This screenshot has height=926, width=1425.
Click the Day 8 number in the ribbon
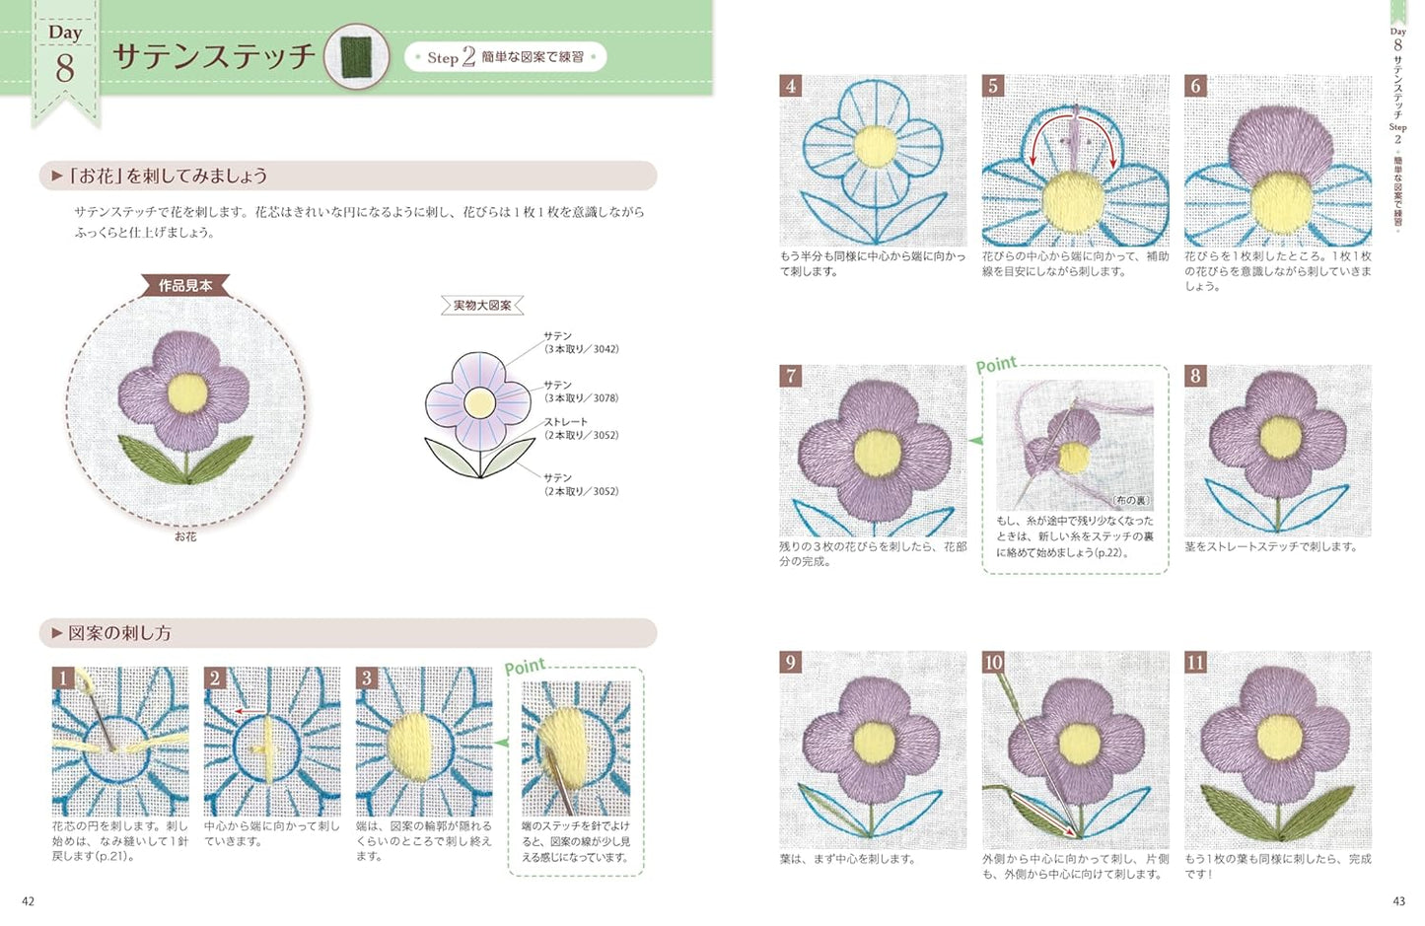65,67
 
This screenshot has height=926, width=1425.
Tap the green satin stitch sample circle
357,57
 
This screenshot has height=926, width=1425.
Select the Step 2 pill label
505,57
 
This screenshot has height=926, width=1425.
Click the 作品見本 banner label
185,286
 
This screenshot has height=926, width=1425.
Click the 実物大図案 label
482,306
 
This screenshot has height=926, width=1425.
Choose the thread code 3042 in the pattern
606,349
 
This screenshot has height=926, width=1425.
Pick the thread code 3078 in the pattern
606,398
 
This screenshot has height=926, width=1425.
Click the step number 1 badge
63,677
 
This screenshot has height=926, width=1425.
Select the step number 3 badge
367,677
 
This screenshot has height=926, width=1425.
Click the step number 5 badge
993,86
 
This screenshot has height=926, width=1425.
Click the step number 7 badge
790,376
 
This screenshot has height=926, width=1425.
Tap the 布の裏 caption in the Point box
1131,501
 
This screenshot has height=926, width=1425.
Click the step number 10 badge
993,663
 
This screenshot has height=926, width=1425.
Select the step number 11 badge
1195,663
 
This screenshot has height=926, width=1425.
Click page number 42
28,901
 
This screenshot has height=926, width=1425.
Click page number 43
1398,901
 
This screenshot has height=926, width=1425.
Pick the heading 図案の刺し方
119,633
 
